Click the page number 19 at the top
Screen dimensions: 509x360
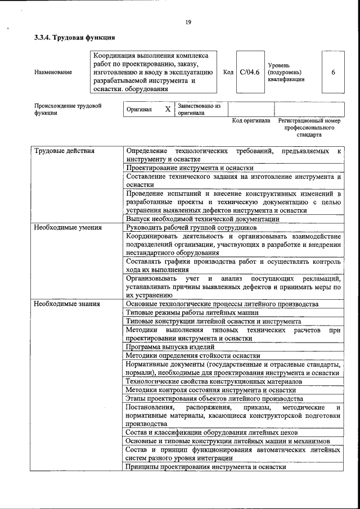point(188,22)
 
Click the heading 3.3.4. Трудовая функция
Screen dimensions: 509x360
point(74,38)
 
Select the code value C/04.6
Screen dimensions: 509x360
point(249,72)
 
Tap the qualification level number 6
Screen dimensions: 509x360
point(333,72)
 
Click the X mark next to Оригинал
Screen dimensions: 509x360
point(167,109)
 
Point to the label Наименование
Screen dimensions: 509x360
point(53,72)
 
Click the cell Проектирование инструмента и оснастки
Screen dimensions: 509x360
point(190,168)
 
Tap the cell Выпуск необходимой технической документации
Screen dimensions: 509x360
point(202,219)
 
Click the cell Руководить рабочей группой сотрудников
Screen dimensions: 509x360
point(191,228)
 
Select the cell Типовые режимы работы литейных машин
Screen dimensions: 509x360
point(192,312)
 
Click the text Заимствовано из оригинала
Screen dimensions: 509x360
point(199,109)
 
